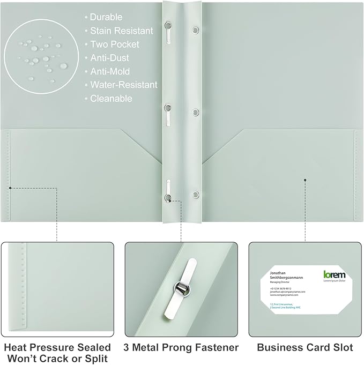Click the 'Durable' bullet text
pos(106,17)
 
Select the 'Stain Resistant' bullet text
pos(121,31)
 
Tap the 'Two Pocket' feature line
pos(114,44)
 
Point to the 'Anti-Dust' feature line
pos(109,58)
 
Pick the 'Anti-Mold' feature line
pos(110,71)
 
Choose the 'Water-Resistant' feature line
pos(123,85)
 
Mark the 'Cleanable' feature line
pos(111,99)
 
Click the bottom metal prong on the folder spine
pos(167,192)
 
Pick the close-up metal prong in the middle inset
pos(181,287)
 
